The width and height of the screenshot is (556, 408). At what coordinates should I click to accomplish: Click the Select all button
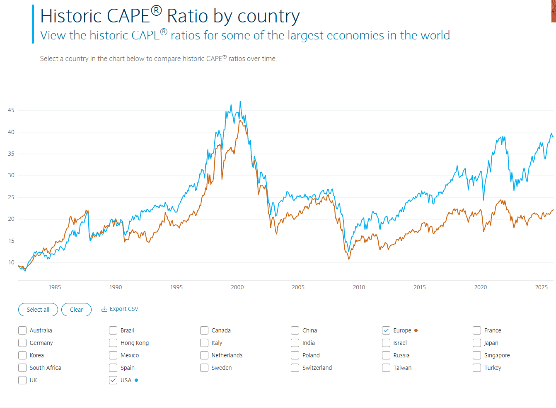click(38, 310)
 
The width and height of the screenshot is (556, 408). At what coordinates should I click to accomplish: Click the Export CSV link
click(120, 309)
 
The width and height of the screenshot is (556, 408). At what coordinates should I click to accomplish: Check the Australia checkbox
click(22, 330)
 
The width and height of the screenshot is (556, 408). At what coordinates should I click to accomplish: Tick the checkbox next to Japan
click(477, 343)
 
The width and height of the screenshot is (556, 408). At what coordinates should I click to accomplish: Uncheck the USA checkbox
click(113, 380)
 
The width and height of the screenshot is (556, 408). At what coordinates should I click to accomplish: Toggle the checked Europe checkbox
click(386, 330)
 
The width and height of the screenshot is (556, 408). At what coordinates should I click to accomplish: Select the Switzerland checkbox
click(295, 368)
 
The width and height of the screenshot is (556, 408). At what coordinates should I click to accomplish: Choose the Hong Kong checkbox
click(113, 343)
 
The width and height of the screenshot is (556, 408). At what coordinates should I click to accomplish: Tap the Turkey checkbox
click(477, 368)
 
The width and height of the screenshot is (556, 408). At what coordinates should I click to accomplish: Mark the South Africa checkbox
click(22, 368)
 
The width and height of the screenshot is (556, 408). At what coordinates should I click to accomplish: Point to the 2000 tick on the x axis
click(237, 287)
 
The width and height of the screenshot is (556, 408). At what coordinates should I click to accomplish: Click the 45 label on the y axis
click(11, 110)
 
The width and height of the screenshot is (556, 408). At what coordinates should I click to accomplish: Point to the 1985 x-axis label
click(55, 287)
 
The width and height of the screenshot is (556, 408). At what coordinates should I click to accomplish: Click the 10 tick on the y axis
click(11, 262)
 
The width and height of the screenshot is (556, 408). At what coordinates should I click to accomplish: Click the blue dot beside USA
click(136, 380)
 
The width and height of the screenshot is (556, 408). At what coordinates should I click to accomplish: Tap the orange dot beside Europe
click(416, 330)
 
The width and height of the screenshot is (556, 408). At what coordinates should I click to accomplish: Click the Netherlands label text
click(227, 355)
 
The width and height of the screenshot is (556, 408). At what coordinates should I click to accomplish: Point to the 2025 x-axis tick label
click(541, 287)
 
